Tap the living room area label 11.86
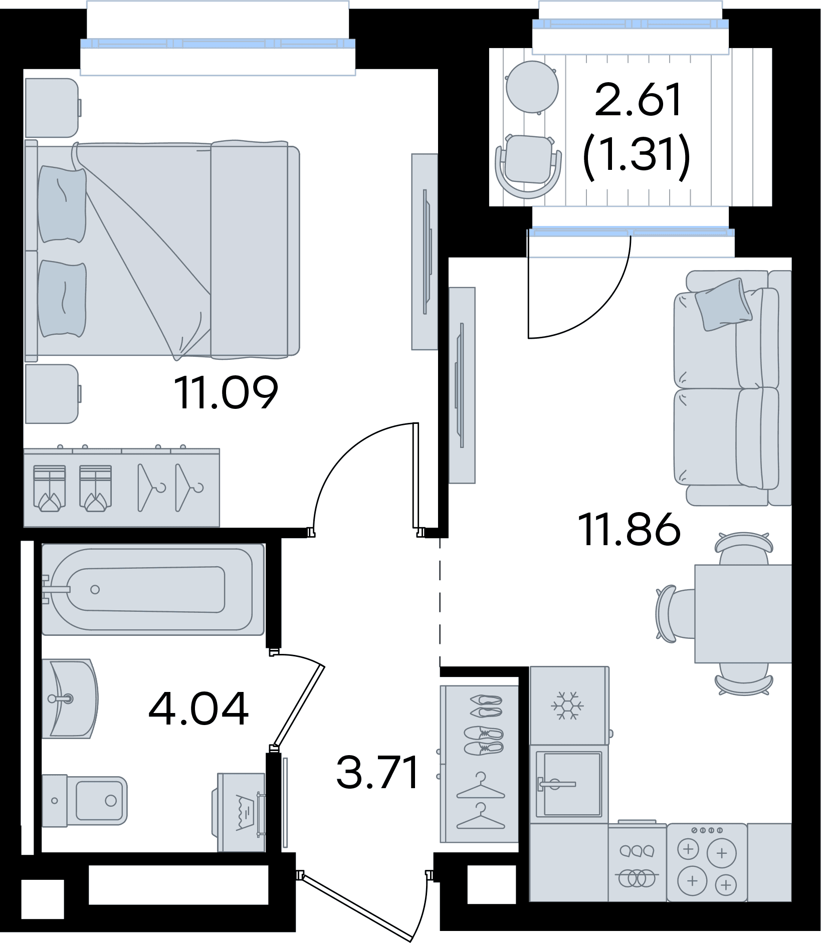click(629, 529)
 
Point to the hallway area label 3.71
click(377, 772)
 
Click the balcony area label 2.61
click(639, 100)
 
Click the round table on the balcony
click(532, 87)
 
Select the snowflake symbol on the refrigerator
click(567, 705)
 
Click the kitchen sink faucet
click(556, 784)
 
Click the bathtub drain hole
click(95, 590)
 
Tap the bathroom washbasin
click(70, 698)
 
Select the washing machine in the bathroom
click(240, 812)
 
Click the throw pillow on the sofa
click(723, 304)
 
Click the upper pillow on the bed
click(62, 204)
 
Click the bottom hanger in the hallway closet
click(481, 816)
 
